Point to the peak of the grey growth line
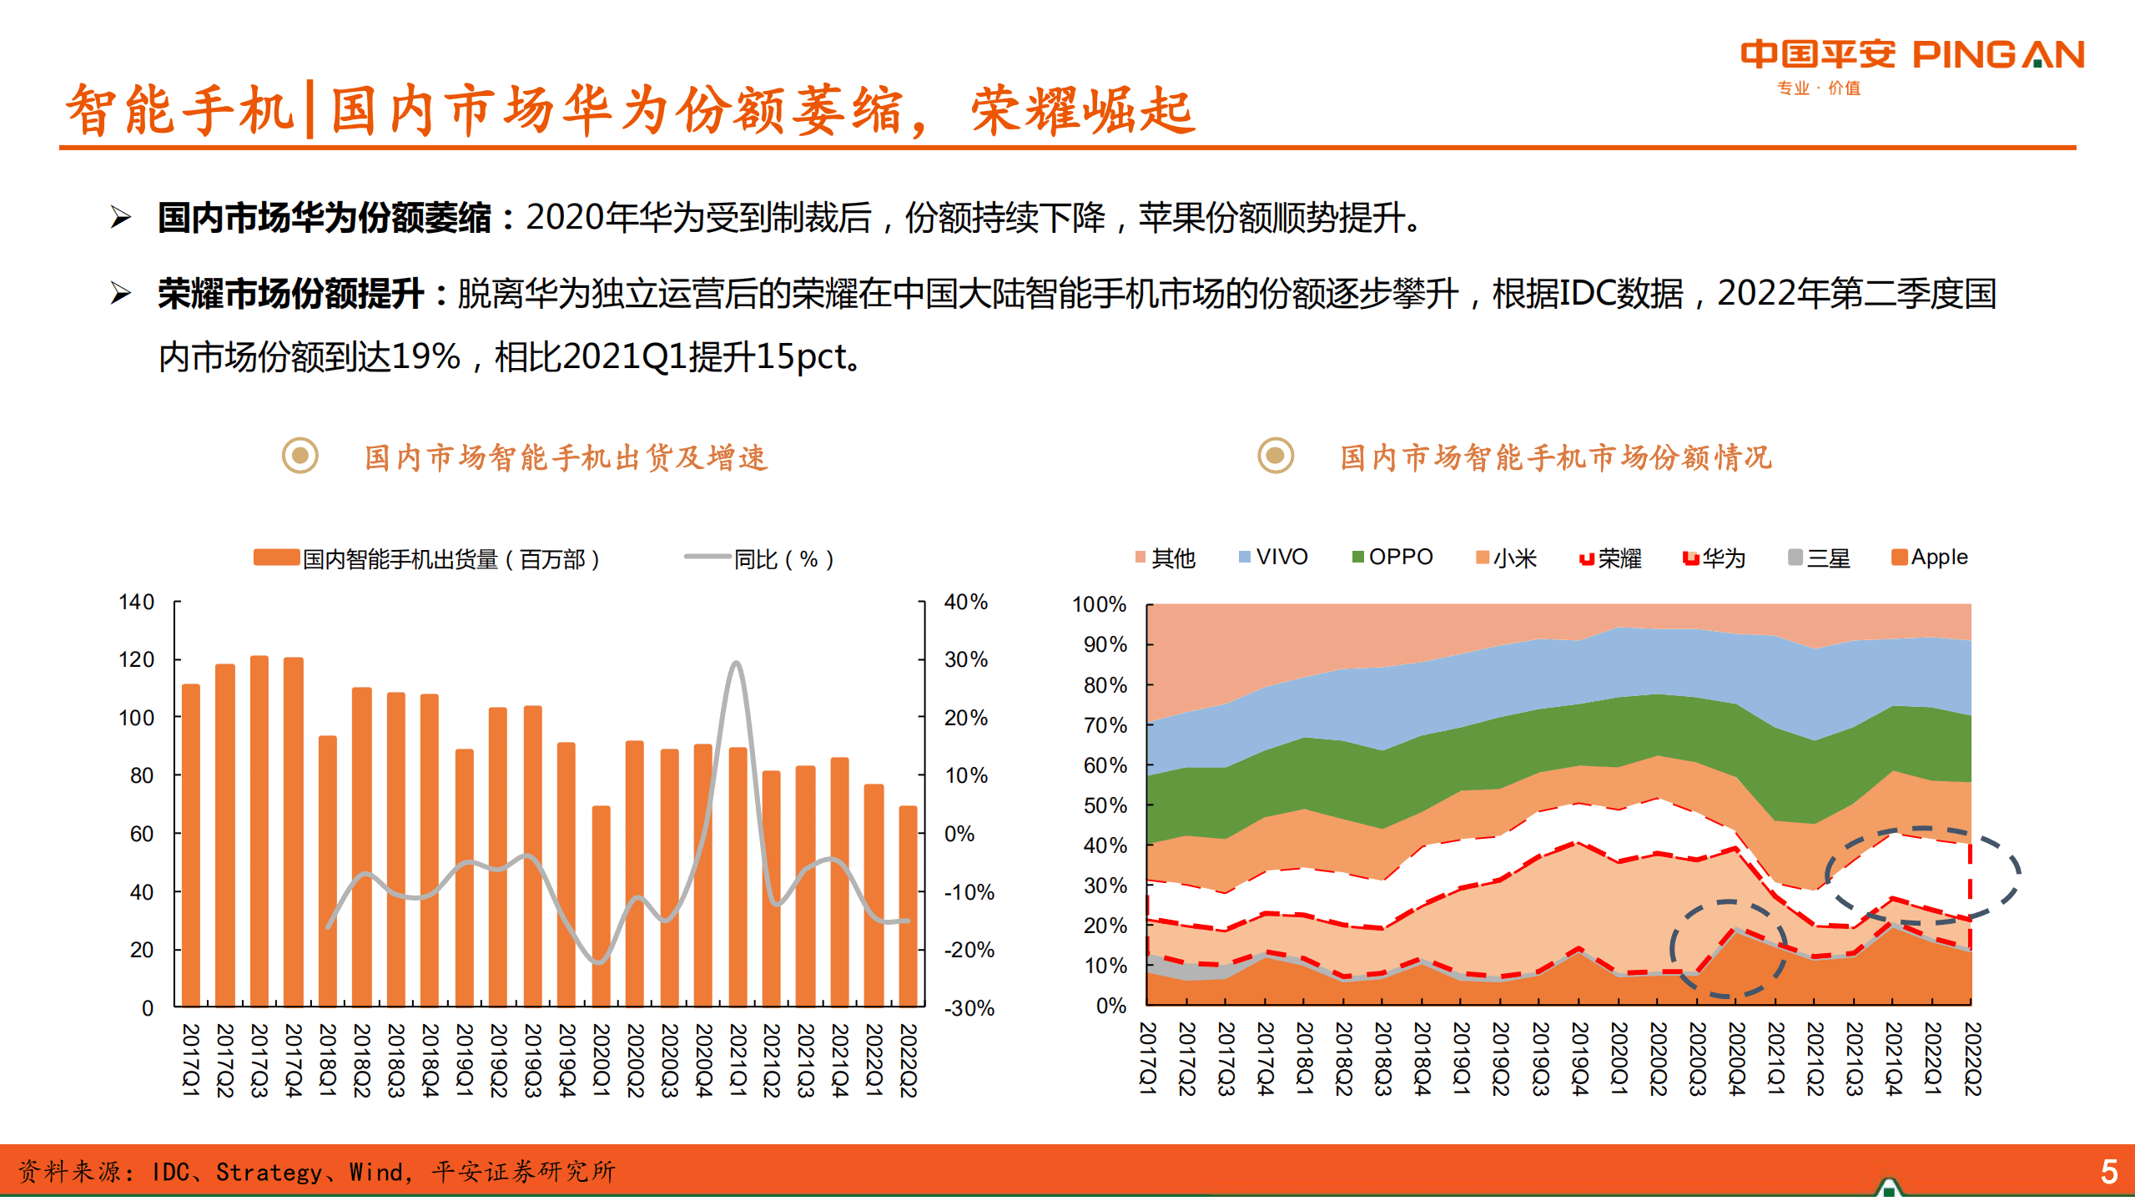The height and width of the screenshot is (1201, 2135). click(735, 664)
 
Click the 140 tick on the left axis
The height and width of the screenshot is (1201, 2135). click(137, 602)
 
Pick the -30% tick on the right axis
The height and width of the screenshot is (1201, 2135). click(969, 1007)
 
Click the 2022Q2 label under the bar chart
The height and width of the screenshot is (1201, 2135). click(908, 1060)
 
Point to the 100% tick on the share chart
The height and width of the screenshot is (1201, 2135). click(1099, 604)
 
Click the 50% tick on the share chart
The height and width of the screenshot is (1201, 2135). click(1105, 805)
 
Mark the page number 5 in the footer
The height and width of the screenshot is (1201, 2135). click(2108, 1172)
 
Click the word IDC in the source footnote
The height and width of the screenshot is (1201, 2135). click(170, 1172)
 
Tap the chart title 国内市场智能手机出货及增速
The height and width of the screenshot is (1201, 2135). click(566, 457)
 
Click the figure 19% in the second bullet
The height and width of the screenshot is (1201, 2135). click(425, 357)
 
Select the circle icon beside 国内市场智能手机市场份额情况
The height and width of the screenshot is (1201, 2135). click(1275, 456)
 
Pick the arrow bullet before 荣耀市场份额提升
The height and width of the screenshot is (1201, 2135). click(122, 294)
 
